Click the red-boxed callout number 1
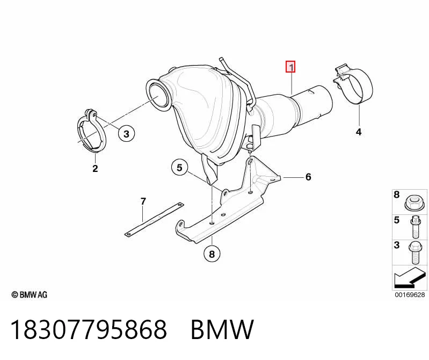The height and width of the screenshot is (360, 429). tap(290, 67)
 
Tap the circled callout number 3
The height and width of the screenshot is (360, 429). tap(126, 134)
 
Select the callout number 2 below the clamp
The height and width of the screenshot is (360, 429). tap(95, 168)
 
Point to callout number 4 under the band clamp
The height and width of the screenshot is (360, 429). tap(359, 132)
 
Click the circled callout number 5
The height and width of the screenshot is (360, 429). tap(179, 167)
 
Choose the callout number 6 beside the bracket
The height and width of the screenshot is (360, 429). tap(308, 177)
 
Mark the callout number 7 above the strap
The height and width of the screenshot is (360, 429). tap(143, 201)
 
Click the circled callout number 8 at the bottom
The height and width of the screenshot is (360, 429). tap(212, 254)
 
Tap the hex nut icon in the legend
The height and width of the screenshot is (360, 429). tap(413, 203)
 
